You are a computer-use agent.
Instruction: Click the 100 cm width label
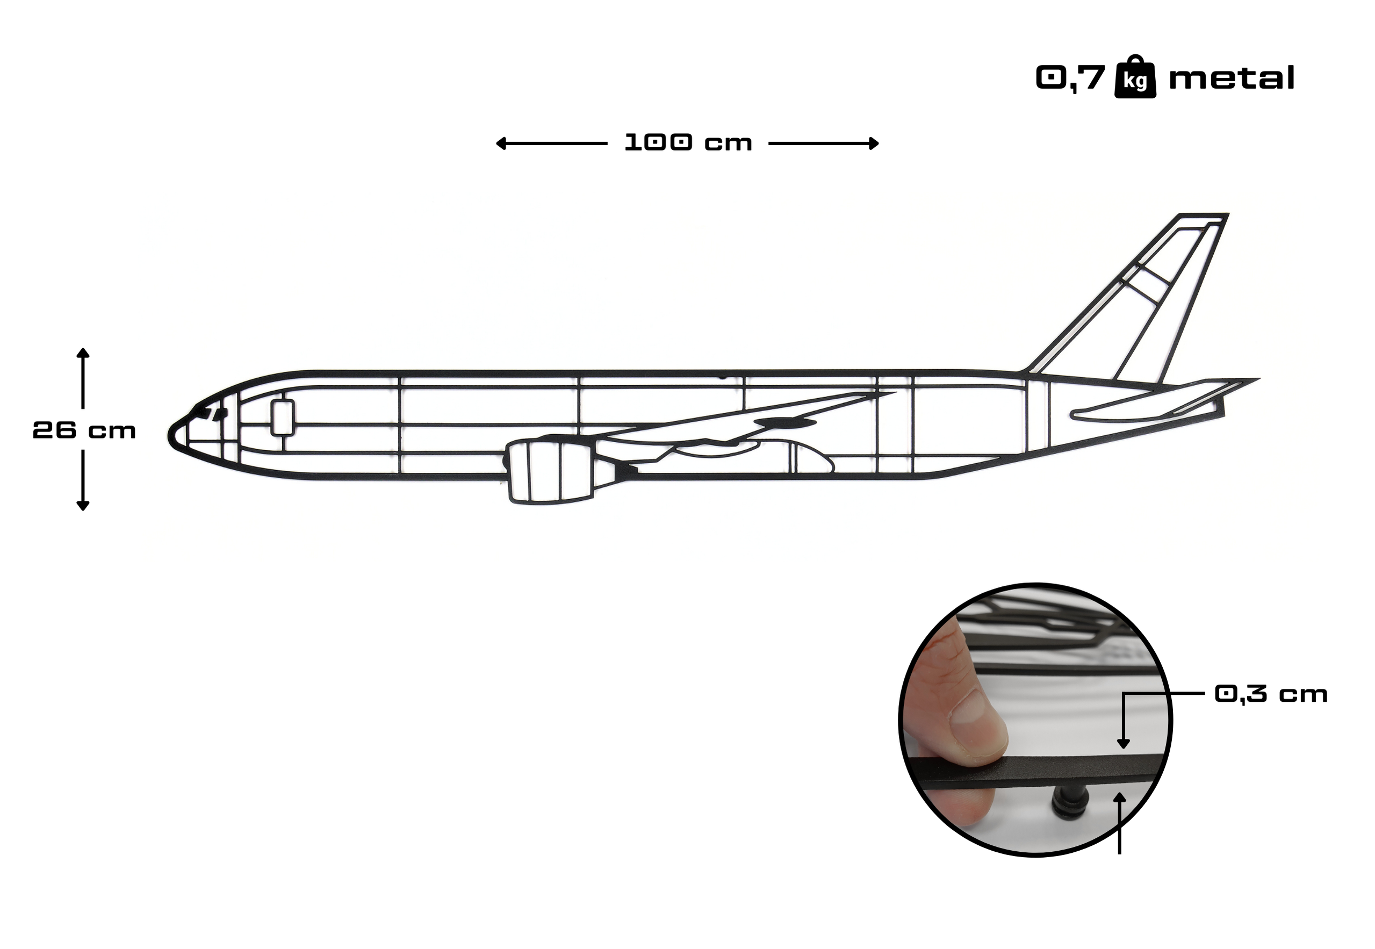(x=688, y=143)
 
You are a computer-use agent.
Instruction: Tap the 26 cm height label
(x=84, y=430)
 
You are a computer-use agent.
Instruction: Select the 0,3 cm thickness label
(x=1271, y=694)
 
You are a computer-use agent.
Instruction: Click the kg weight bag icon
(x=1135, y=77)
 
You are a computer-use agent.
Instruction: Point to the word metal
(x=1231, y=78)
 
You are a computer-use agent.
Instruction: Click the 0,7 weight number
(x=1070, y=78)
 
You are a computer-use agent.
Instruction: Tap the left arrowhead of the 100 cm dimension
(x=501, y=143)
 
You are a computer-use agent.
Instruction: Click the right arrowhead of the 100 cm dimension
(x=873, y=143)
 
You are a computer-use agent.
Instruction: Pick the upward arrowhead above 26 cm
(x=83, y=353)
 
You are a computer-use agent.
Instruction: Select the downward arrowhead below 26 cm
(x=83, y=506)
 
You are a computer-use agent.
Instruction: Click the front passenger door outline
(x=283, y=418)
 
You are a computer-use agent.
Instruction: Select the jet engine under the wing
(x=550, y=470)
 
